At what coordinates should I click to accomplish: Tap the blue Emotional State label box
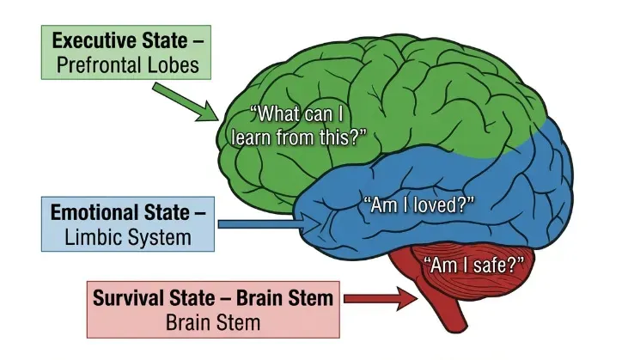tap(128, 223)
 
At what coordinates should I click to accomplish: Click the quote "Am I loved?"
tap(419, 204)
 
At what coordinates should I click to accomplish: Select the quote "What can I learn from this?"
tap(305, 125)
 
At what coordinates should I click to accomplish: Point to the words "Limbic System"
tap(128, 236)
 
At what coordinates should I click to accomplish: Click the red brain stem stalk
tap(450, 309)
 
